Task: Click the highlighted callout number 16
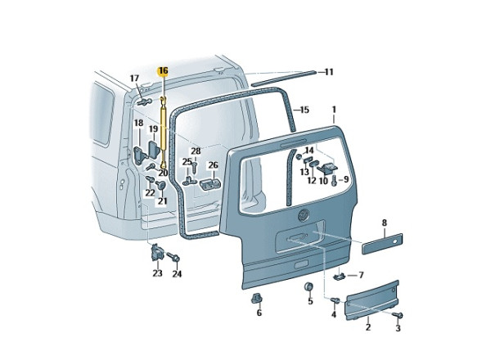163,70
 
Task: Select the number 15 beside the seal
304,110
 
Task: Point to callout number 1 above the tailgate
334,109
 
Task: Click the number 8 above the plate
384,223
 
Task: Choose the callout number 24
177,274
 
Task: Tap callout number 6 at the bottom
259,313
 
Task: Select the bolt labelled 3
399,315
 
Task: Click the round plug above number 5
310,286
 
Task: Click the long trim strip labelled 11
283,79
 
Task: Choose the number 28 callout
196,151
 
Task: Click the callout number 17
135,79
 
